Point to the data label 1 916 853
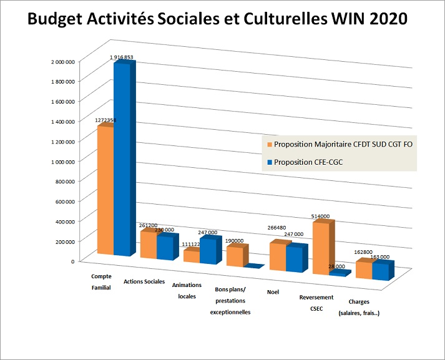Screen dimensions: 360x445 point(122,57)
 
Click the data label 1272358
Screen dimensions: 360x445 point(104,119)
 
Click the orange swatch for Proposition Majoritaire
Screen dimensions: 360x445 point(270,144)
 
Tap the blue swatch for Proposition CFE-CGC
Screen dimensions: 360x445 point(270,163)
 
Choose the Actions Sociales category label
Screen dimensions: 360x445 point(144,281)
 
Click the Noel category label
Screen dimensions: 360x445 point(272,291)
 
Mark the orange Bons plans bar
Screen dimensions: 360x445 point(235,256)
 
